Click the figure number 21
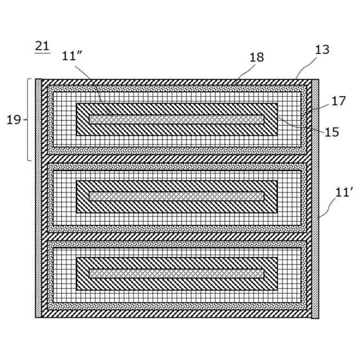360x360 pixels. (x=42, y=46)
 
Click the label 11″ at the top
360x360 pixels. (x=72, y=56)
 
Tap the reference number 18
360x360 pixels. (x=256, y=57)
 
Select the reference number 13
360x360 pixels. (x=322, y=50)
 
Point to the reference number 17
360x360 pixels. (x=338, y=101)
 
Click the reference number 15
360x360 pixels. (x=332, y=132)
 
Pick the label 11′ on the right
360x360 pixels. (x=343, y=192)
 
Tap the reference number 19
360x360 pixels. (x=13, y=119)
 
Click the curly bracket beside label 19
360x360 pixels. (x=29, y=119)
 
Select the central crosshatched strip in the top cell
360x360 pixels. (x=176, y=119)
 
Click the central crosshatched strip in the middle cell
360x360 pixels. (x=176, y=196)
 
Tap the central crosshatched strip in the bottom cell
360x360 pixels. (x=176, y=273)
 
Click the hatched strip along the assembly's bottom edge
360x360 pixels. (x=176, y=314)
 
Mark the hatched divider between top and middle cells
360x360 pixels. (x=176, y=159)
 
